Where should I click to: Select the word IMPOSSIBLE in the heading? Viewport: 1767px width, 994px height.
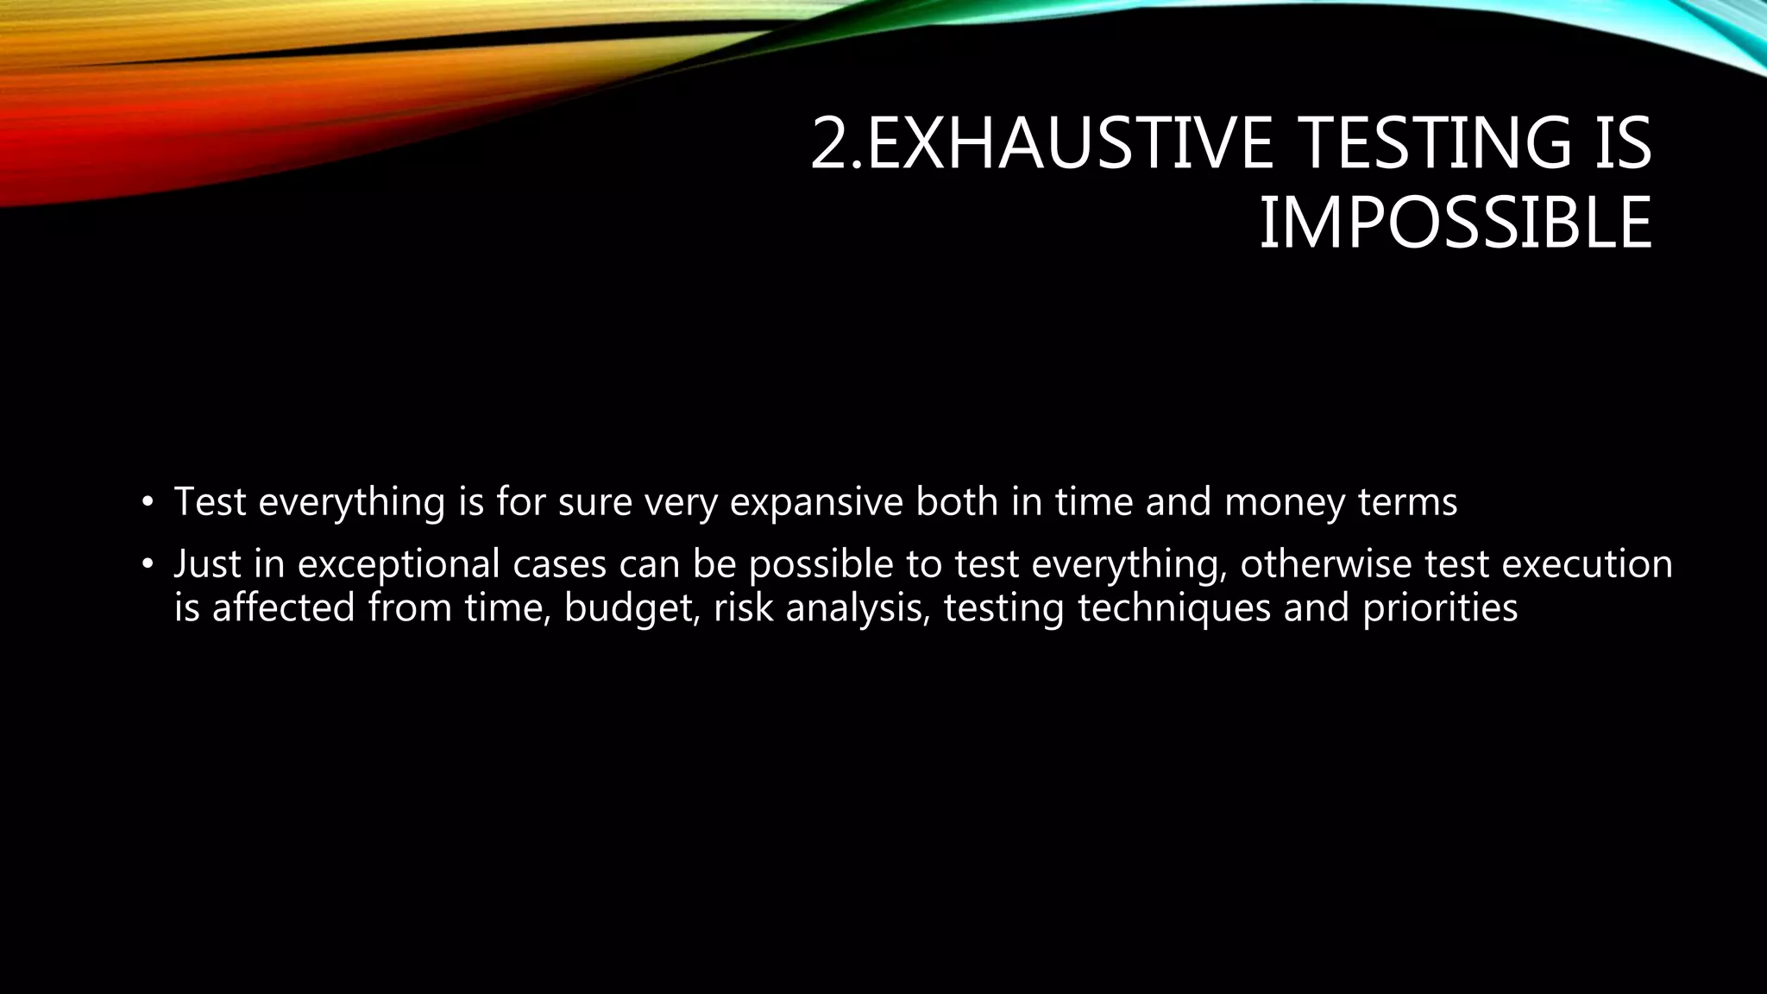1456,224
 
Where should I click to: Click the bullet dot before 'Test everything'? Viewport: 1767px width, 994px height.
148,502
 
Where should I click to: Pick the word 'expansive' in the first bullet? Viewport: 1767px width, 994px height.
816,502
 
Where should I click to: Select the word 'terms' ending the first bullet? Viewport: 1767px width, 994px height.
1408,502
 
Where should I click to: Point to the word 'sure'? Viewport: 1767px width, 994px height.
594,502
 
